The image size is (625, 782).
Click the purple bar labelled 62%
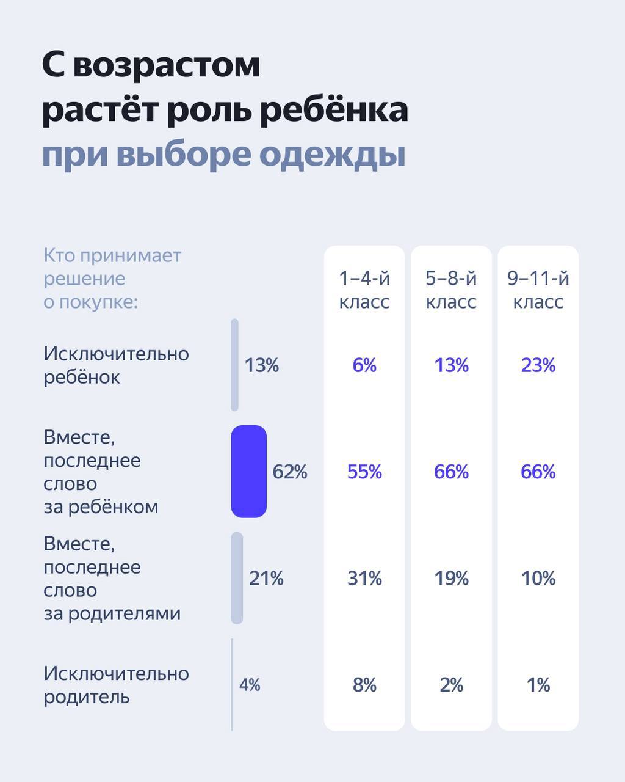coord(248,472)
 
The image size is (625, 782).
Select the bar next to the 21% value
coord(237,578)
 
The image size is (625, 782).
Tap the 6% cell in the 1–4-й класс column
coord(364,365)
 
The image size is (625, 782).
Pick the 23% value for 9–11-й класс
coord(538,365)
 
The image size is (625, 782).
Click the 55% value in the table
coord(364,472)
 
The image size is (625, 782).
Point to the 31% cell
coord(364,578)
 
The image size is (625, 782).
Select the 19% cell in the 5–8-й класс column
coord(451,578)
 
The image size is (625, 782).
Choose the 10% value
coord(538,578)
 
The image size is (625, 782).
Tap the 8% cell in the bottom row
coord(364,685)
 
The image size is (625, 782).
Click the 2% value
coord(451,685)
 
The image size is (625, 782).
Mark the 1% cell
coord(538,685)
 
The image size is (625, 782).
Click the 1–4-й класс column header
coord(364,290)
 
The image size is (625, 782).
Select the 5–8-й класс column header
coord(451,290)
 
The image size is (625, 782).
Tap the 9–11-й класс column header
coord(538,290)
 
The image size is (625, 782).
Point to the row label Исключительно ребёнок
coord(116,365)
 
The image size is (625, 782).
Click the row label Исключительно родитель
coord(116,685)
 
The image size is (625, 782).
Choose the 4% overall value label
coord(250,685)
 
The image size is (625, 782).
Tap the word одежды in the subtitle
coord(333,154)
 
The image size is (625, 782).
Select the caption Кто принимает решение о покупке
coord(112,279)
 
